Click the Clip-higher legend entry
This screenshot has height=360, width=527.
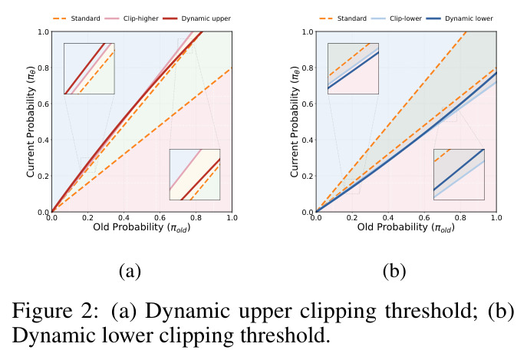[x=131, y=18]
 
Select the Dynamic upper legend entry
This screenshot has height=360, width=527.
[x=197, y=18]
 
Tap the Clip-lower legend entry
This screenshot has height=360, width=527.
[x=397, y=18]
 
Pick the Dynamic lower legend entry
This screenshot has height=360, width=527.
[x=459, y=18]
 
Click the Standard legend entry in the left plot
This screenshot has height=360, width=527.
[x=76, y=18]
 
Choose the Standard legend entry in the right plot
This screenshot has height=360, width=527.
[x=343, y=18]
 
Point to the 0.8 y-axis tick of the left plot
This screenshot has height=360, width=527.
[x=44, y=68]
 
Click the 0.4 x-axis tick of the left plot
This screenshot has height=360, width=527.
[x=124, y=218]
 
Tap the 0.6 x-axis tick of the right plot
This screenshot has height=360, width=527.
[x=424, y=218]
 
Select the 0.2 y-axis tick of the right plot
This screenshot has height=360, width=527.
[x=308, y=177]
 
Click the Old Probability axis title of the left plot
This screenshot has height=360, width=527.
[x=142, y=228]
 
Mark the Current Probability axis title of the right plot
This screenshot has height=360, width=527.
[x=295, y=122]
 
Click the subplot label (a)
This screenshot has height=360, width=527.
[x=130, y=271]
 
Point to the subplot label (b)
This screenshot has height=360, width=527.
[x=394, y=271]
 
